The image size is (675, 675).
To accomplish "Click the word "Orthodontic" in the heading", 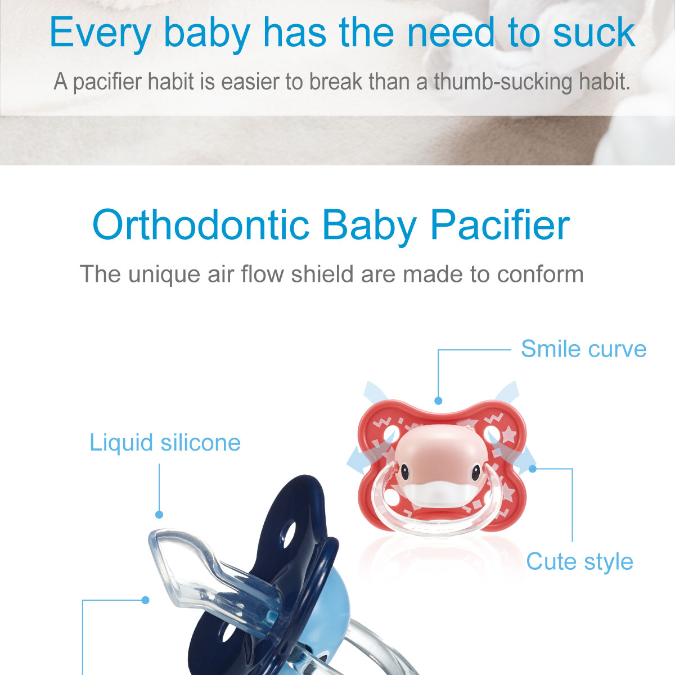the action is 201,225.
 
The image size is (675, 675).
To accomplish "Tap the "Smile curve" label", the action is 583,349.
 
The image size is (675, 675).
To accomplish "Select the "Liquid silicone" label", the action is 165,443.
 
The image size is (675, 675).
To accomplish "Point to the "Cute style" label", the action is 580,562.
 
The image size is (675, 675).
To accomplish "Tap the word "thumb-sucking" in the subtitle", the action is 503,82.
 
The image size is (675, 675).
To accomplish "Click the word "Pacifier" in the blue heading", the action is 500,225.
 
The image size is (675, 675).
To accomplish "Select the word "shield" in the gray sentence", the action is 322,274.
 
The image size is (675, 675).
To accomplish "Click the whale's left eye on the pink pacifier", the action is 404,472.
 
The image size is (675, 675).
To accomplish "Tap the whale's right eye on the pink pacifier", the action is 475,472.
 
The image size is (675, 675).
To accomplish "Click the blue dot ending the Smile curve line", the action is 438,400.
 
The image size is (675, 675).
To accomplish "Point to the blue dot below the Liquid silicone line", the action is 159,515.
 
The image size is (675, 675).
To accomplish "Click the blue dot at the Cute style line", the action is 533,469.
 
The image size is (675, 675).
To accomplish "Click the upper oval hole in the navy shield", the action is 289,535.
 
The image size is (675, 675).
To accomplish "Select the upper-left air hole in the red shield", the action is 389,434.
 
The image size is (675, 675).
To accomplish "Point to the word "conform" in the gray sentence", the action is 540,274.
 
